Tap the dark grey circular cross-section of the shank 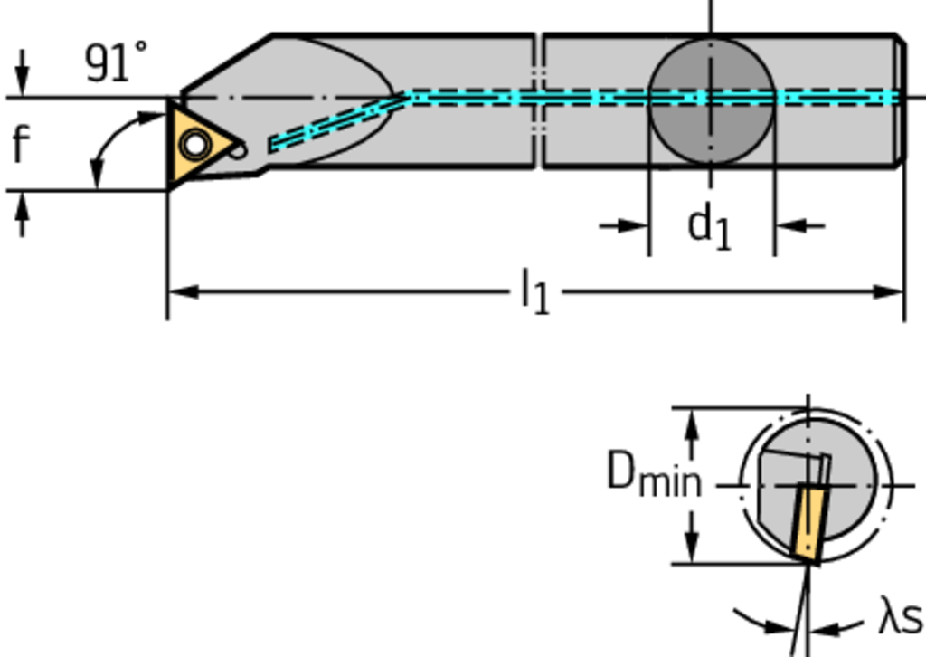click(711, 100)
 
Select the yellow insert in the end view click(808, 522)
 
